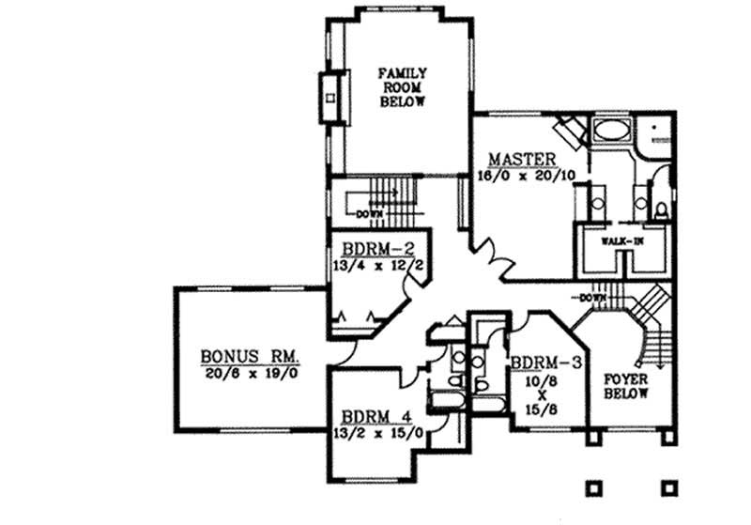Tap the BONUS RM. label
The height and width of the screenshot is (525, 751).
[x=249, y=357]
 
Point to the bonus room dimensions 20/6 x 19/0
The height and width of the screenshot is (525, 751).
[x=249, y=373]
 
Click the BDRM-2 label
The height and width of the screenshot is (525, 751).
[x=368, y=250]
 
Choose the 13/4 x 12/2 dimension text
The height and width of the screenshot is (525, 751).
[x=368, y=266]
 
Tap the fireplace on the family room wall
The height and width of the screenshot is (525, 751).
[x=330, y=96]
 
